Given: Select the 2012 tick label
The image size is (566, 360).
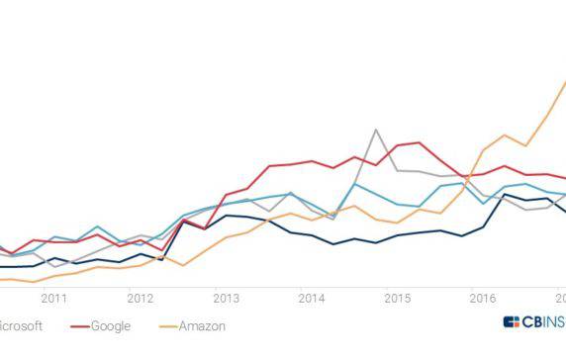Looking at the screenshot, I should (x=140, y=298).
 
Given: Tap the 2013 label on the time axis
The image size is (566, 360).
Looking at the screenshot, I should (x=226, y=298).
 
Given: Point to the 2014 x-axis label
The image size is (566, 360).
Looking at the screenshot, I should (x=311, y=298).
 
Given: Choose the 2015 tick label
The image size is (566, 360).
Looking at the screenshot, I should (x=397, y=298).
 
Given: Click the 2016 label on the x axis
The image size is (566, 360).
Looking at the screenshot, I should (x=483, y=298).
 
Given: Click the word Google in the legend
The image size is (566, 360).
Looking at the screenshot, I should (x=111, y=325).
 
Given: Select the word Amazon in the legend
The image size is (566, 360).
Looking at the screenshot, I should (x=204, y=325).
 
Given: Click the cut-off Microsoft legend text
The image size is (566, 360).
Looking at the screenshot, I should (x=20, y=325).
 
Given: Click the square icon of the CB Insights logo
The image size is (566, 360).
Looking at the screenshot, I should (x=511, y=322).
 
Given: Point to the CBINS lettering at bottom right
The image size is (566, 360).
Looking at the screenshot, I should (x=543, y=322).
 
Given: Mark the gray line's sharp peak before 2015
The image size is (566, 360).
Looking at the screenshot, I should (x=376, y=130).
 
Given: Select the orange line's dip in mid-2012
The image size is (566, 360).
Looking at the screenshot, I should (x=183, y=265).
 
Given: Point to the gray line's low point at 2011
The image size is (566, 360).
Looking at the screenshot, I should (x=53, y=266).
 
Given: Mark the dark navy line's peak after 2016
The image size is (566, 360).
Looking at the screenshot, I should (x=505, y=195).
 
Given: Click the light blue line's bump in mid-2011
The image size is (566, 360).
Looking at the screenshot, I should (x=97, y=226).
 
